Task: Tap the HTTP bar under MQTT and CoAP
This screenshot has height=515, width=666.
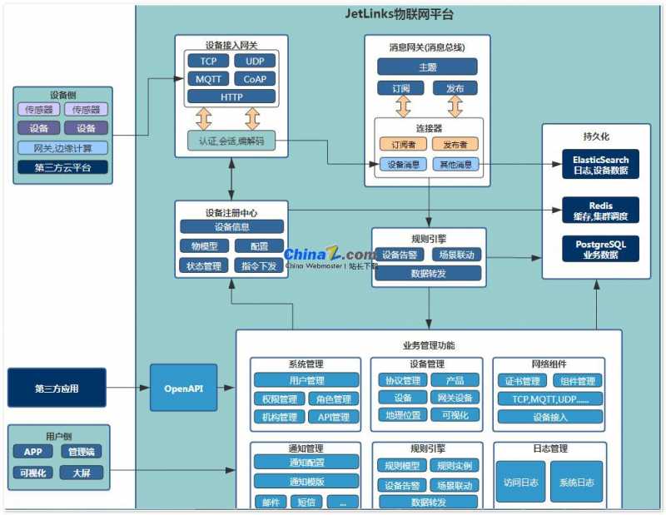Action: tap(231, 97)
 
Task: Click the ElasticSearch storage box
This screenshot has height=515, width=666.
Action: tap(599, 164)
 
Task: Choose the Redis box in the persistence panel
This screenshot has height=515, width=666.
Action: tap(599, 210)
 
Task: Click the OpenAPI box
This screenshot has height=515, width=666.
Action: tap(183, 388)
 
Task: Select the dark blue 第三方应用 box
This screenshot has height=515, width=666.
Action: tap(57, 389)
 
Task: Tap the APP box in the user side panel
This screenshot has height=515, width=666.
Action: tap(32, 452)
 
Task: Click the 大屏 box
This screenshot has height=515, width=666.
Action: tap(81, 473)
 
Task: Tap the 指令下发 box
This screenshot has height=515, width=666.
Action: tap(259, 266)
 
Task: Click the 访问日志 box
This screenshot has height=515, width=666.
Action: tap(521, 482)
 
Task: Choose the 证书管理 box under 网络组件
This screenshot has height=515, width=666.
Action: tap(520, 381)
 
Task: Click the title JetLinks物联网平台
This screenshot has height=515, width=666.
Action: tap(399, 15)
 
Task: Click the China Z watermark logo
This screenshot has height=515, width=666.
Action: tap(330, 255)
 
